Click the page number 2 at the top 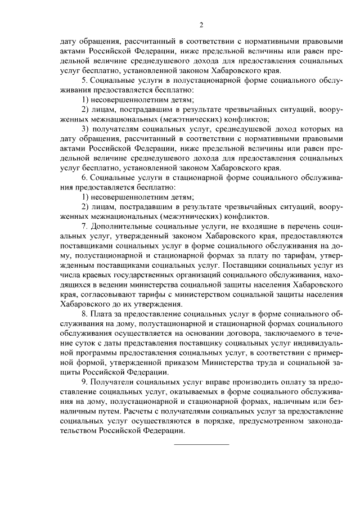(200, 25)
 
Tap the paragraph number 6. (84, 178)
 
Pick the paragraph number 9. (84, 382)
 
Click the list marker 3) (85, 129)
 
